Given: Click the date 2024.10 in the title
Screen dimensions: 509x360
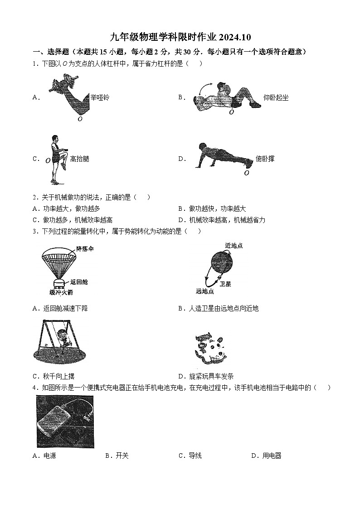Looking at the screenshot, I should [x=236, y=37].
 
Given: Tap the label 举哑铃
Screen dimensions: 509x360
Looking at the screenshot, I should [x=100, y=97].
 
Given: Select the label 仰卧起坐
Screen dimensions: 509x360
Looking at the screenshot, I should [x=276, y=97].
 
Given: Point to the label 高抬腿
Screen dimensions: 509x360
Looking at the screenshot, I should [x=80, y=159].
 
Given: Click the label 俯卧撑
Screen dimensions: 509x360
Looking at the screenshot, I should [x=265, y=159].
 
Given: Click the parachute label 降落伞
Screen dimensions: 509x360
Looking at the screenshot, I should [x=85, y=249].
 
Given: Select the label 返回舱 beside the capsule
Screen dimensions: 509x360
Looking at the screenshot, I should [x=79, y=282].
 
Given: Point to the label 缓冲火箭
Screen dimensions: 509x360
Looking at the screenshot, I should [x=61, y=292].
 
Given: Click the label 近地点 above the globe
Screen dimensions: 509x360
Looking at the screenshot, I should [x=234, y=246].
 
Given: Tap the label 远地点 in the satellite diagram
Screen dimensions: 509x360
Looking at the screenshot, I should [x=204, y=291].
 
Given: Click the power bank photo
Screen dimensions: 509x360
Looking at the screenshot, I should [x=65, y=422].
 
